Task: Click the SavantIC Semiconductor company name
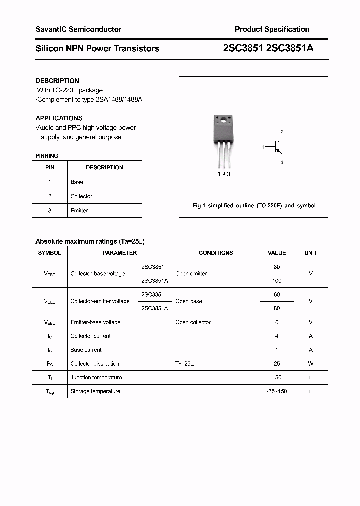[x=78, y=29]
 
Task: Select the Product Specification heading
[x=272, y=29]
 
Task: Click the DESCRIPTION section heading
[x=57, y=81]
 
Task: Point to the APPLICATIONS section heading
[x=59, y=118]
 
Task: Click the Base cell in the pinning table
[x=77, y=182]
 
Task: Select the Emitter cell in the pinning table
[x=79, y=211]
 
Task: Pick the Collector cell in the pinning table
[x=81, y=196]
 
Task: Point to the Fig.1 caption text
[x=254, y=206]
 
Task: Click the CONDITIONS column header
[x=216, y=253]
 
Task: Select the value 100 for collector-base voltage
[x=277, y=281]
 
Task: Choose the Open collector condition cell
[x=193, y=322]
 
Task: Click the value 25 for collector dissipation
[x=277, y=364]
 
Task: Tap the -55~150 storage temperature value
[x=277, y=391]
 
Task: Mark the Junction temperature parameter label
[x=96, y=377]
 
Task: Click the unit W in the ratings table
[x=310, y=364]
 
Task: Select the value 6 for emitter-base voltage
[x=277, y=322]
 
